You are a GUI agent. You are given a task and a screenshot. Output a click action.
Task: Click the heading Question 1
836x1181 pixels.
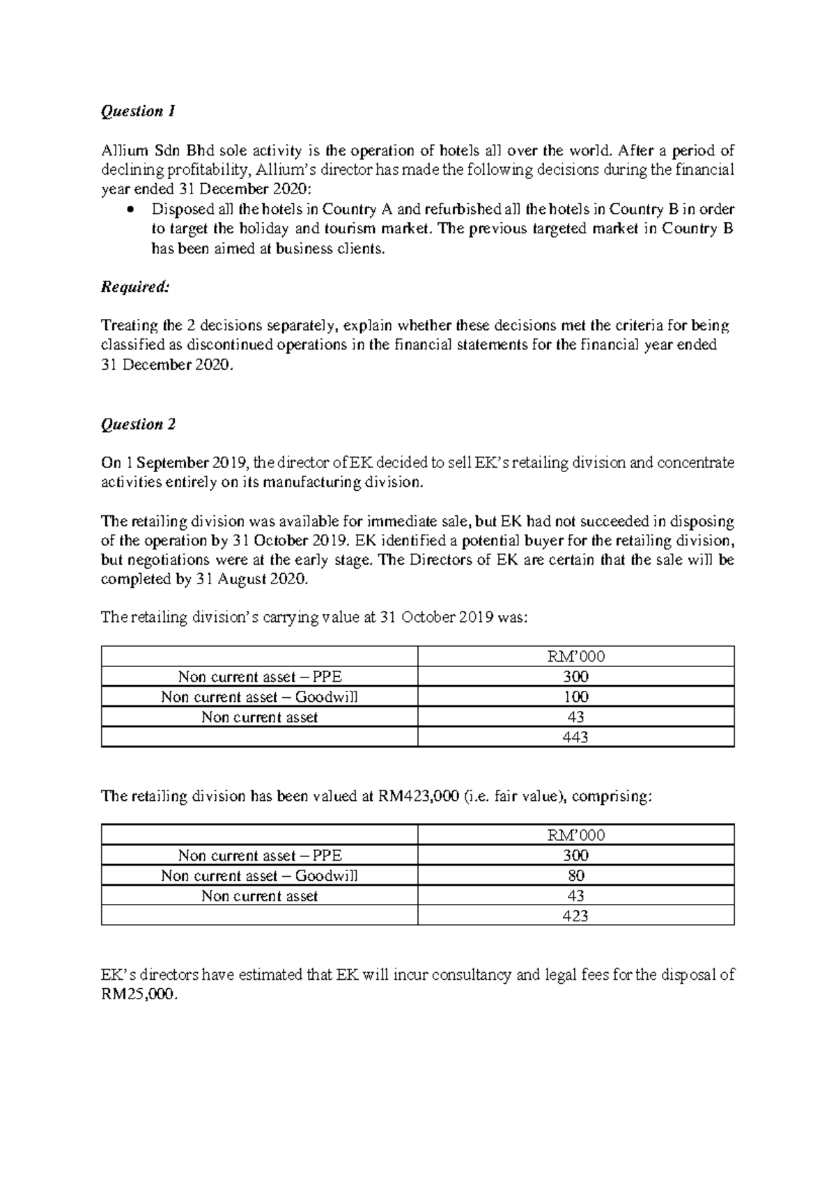[x=138, y=111]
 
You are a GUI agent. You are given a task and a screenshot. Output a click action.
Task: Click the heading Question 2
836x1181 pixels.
[x=138, y=424]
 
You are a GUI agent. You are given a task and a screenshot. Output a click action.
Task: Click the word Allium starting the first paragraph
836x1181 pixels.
[x=121, y=150]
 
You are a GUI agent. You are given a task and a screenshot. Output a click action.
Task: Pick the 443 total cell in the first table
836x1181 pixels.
[x=575, y=737]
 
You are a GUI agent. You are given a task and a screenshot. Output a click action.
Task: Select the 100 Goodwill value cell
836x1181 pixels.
[x=575, y=696]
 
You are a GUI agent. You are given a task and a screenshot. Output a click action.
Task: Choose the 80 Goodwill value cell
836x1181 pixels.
[x=575, y=875]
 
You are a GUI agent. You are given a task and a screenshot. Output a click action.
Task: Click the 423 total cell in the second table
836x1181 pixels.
[x=575, y=916]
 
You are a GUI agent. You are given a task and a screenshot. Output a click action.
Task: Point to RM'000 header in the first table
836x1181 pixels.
[x=575, y=656]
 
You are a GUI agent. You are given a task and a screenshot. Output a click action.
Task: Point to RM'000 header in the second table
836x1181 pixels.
[x=575, y=835]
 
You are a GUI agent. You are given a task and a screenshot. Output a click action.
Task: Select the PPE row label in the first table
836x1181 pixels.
[x=260, y=676]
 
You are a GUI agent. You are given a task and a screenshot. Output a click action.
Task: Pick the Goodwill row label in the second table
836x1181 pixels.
[x=259, y=875]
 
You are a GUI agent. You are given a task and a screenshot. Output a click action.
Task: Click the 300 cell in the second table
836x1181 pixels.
[x=575, y=855]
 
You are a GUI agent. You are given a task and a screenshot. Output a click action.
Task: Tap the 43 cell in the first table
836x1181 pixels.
[x=575, y=717]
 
